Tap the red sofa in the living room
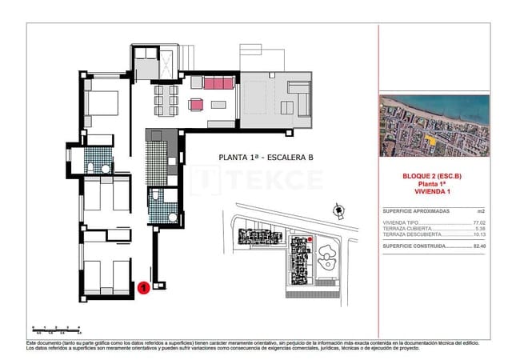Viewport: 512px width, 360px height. click(x=217, y=83)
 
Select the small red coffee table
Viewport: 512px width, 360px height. click(x=195, y=103)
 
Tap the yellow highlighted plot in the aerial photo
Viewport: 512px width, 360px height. click(x=432, y=144)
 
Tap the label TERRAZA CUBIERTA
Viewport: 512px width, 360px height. click(x=406, y=228)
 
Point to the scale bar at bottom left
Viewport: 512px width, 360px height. click(x=56, y=328)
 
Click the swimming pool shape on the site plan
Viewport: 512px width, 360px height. click(x=328, y=258)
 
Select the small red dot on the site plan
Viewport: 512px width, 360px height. click(x=310, y=238)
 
